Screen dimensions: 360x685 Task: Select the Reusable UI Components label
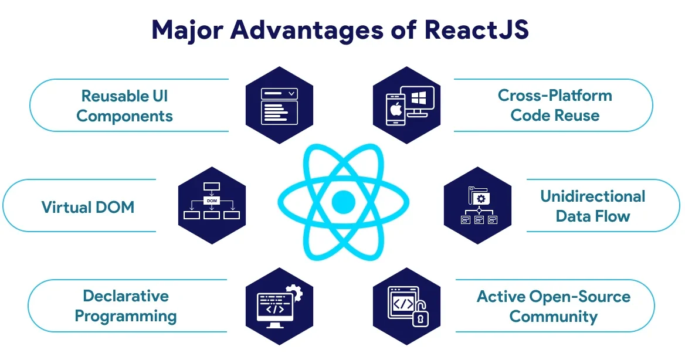tap(124, 106)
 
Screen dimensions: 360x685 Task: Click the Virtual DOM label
tap(88, 207)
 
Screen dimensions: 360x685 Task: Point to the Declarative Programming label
tap(126, 306)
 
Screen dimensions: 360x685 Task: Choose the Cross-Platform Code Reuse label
tap(555, 106)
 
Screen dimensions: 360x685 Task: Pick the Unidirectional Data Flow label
tap(592, 206)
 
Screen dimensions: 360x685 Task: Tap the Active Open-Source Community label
tap(553, 306)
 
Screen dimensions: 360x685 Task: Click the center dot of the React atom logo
tap(343, 202)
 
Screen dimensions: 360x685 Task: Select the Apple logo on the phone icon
tap(393, 110)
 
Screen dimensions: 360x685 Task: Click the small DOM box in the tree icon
tap(211, 201)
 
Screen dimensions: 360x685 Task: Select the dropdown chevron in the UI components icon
tap(291, 93)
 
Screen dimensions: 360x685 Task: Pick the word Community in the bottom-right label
tap(553, 317)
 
